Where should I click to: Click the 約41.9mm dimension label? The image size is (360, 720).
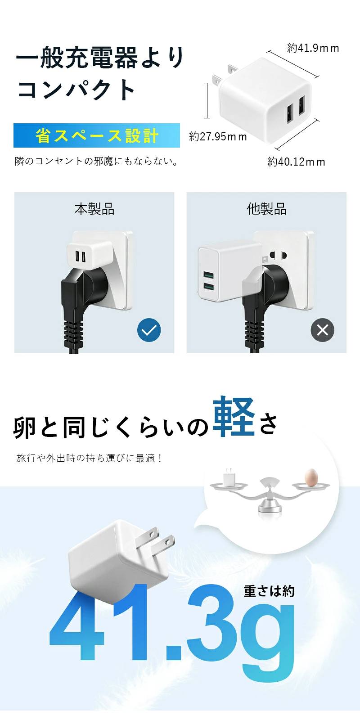pyautogui.click(x=313, y=48)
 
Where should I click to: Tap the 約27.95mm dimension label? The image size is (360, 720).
pyautogui.click(x=218, y=137)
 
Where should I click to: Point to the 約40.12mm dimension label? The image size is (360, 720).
pyautogui.click(x=296, y=162)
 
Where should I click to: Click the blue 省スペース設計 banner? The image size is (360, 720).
pyautogui.click(x=97, y=135)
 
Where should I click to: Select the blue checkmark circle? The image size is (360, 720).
pyautogui.click(x=149, y=330)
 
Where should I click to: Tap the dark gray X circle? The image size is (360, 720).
pyautogui.click(x=322, y=330)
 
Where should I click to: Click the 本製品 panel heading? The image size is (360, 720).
pyautogui.click(x=94, y=209)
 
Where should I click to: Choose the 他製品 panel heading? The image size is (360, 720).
pyautogui.click(x=267, y=209)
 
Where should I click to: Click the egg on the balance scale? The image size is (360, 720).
pyautogui.click(x=311, y=477)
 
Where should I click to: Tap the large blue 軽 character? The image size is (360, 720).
pyautogui.click(x=234, y=417)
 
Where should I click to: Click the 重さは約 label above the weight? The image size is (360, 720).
pyautogui.click(x=269, y=591)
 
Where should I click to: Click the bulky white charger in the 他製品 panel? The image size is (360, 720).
pyautogui.click(x=230, y=270)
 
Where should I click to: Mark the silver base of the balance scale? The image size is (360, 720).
pyautogui.click(x=270, y=507)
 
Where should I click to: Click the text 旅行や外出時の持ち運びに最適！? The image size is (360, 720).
pyautogui.click(x=90, y=458)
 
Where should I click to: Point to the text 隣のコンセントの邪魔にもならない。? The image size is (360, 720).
pyautogui.click(x=96, y=161)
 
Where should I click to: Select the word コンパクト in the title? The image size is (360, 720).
pyautogui.click(x=76, y=90)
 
